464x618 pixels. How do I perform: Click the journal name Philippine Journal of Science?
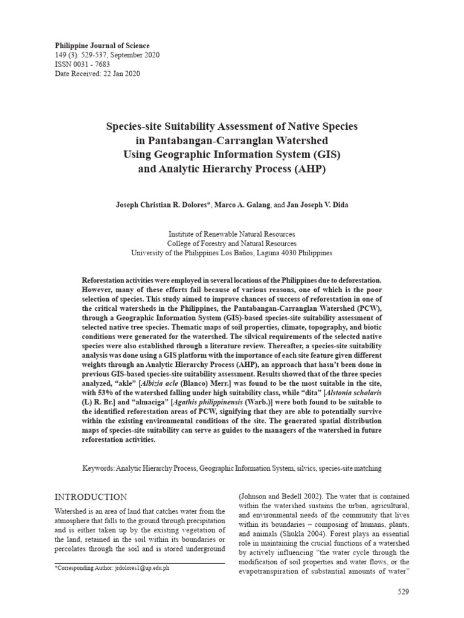(x=102, y=46)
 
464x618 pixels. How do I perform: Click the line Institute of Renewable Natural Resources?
(x=231, y=234)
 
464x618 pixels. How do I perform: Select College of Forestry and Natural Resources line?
(x=231, y=244)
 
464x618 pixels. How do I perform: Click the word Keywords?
(x=97, y=468)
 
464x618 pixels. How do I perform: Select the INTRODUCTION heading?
(x=91, y=497)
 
